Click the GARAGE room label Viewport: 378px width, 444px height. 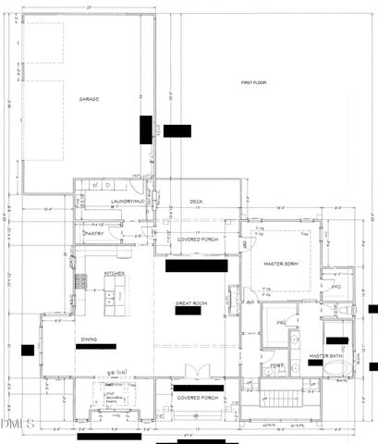coord(89,99)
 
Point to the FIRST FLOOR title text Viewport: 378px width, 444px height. coord(253,83)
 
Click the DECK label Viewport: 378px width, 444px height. coord(196,202)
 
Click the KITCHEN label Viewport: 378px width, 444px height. coord(114,274)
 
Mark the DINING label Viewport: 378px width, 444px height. coord(88,338)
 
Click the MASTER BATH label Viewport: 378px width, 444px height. coord(326,355)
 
